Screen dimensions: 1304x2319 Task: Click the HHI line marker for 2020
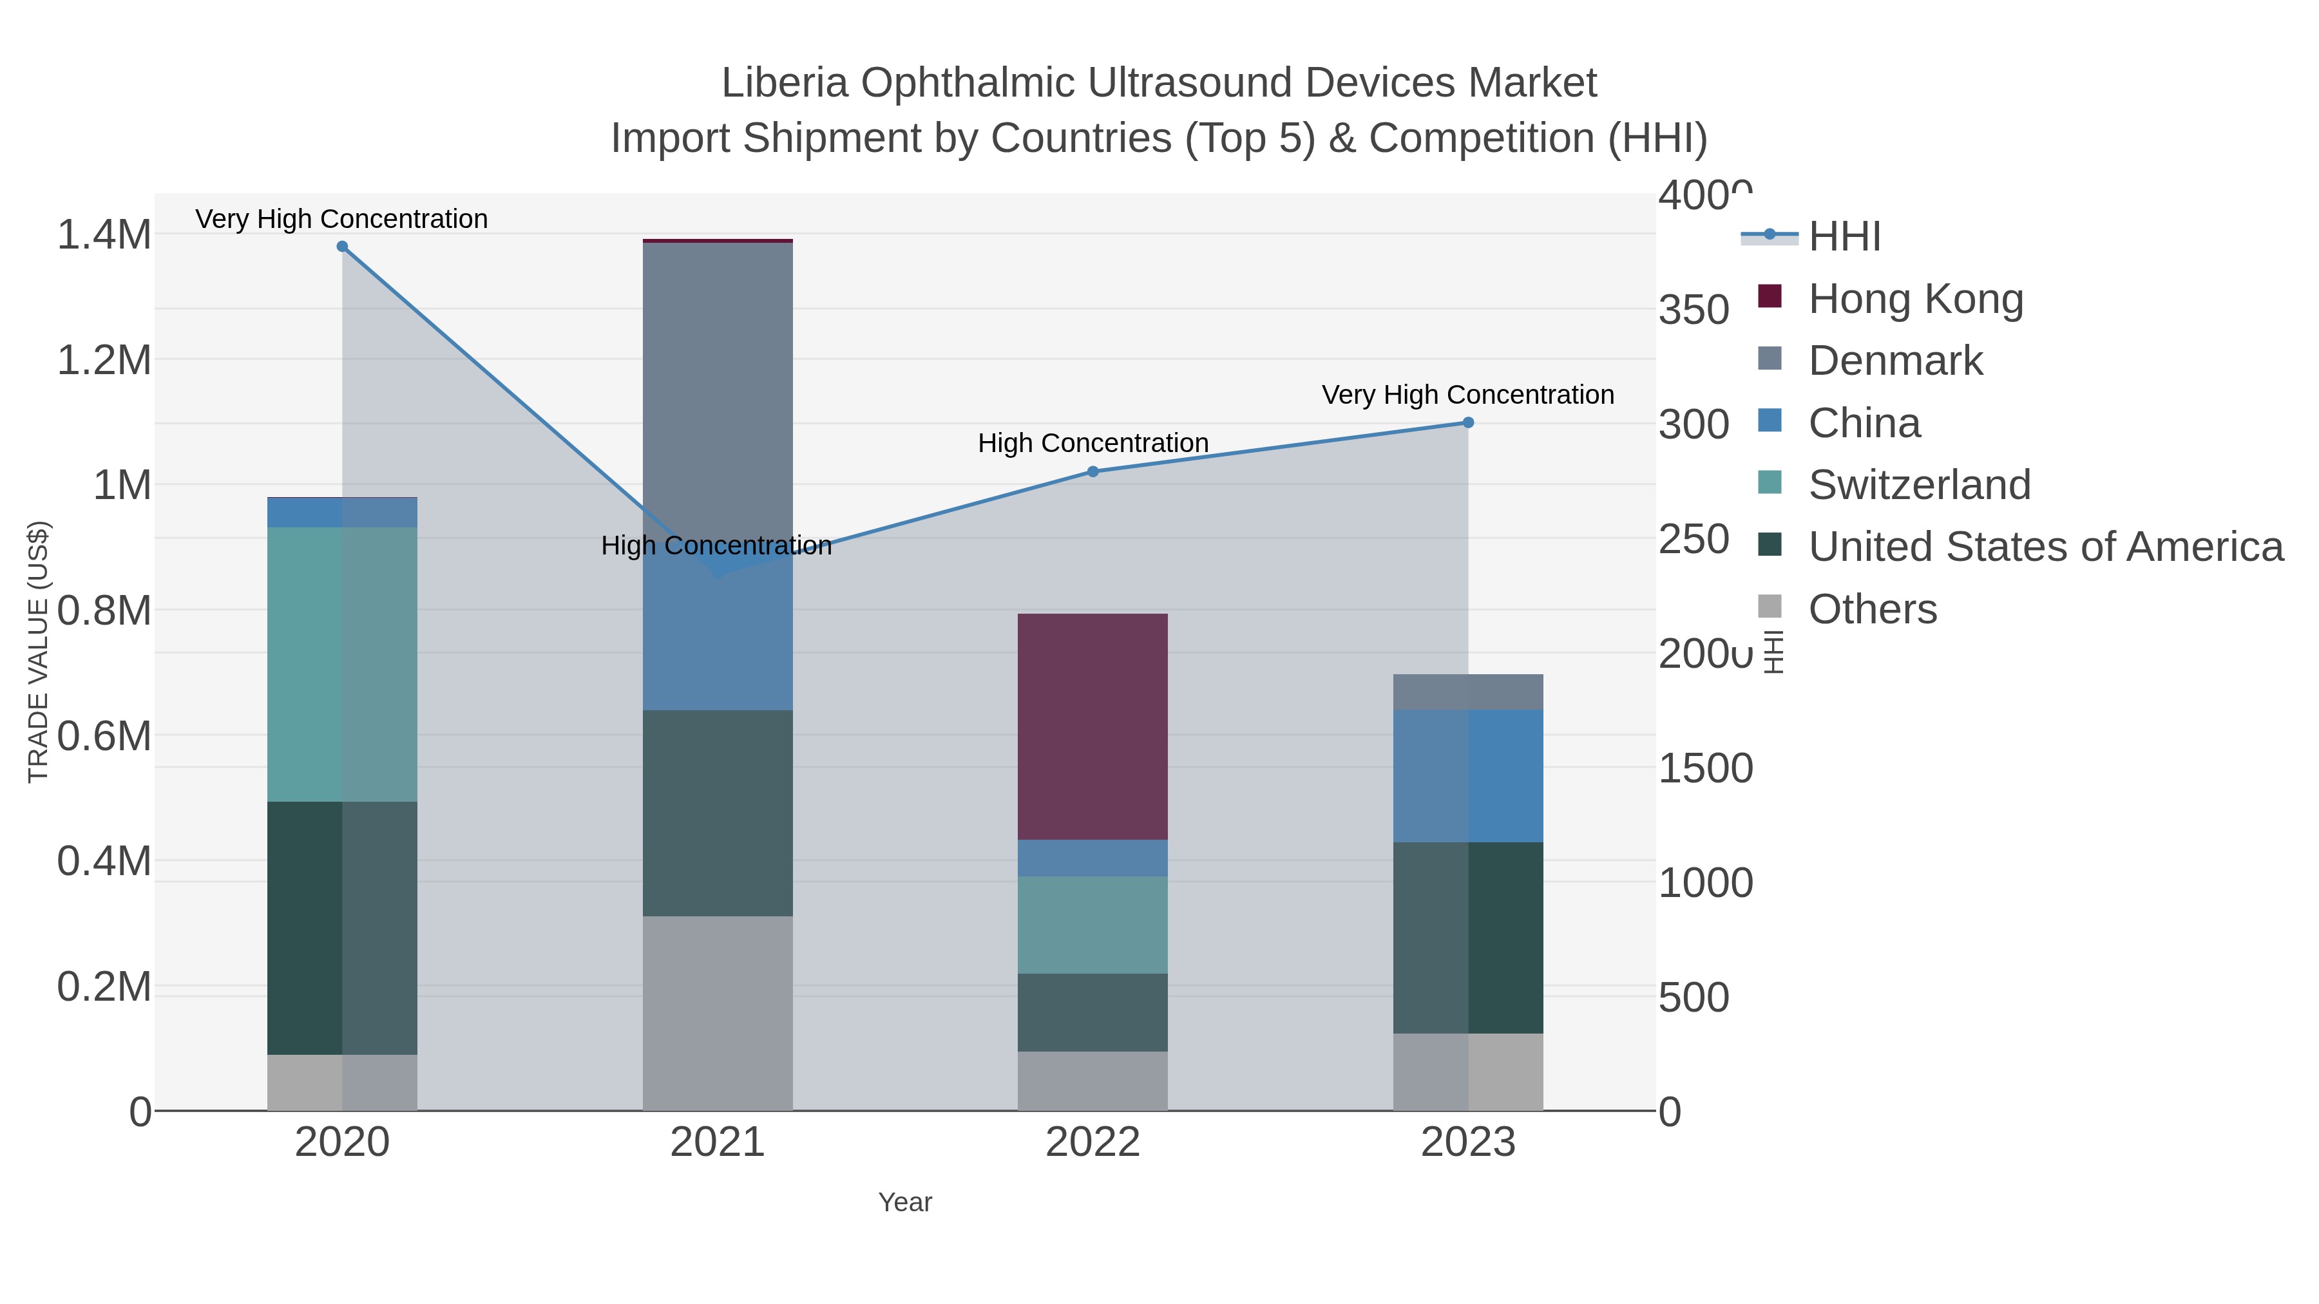coord(342,247)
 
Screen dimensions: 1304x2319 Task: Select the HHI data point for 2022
coord(1093,471)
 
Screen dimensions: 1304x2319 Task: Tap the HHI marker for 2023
coord(1468,423)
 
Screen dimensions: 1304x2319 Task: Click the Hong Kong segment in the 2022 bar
coord(1093,727)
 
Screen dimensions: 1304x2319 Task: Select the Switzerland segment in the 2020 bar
coord(342,664)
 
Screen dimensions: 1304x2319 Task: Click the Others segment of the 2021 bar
coord(718,1014)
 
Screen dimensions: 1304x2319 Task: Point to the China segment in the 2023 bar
coord(1468,776)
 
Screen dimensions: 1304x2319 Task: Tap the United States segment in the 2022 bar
coord(1093,1012)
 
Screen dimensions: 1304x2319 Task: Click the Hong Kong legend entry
coord(1916,299)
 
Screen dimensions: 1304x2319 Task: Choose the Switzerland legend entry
coord(1920,485)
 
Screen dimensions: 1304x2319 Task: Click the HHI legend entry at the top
coord(1845,237)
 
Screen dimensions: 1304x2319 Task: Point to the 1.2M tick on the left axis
coord(104,361)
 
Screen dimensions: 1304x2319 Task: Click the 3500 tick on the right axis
coord(1694,310)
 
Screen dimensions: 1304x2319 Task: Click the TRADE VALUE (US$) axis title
coord(38,652)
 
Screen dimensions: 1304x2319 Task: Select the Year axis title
coord(905,1202)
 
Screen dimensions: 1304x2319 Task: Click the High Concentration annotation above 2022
coord(1093,443)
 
